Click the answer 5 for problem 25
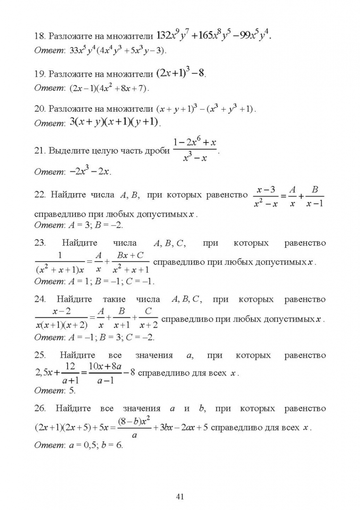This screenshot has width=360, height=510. coord(72,391)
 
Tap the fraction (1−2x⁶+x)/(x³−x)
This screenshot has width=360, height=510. coord(195,150)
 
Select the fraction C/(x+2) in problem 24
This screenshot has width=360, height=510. coord(148,319)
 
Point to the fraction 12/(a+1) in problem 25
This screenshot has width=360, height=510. coord(70,373)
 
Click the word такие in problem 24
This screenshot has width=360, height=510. coord(114,299)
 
